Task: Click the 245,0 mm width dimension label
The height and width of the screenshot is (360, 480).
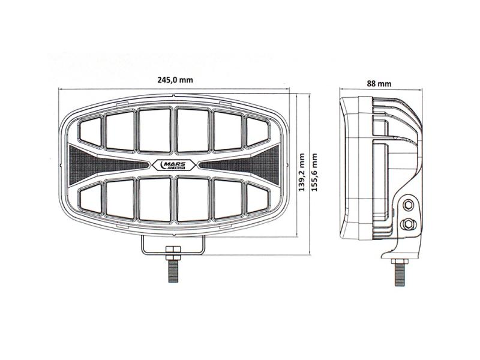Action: tap(175, 80)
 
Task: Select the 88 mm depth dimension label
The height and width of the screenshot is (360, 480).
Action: tap(379, 83)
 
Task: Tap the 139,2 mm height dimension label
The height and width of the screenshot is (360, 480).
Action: tap(302, 172)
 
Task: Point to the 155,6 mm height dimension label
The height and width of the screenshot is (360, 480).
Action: tap(314, 172)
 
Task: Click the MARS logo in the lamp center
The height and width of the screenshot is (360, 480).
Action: tap(173, 165)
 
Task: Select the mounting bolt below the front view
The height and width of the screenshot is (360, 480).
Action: tap(173, 264)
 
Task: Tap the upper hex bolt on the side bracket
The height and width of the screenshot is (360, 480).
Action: tap(408, 205)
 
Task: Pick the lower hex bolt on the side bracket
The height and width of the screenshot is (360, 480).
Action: tap(408, 224)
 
